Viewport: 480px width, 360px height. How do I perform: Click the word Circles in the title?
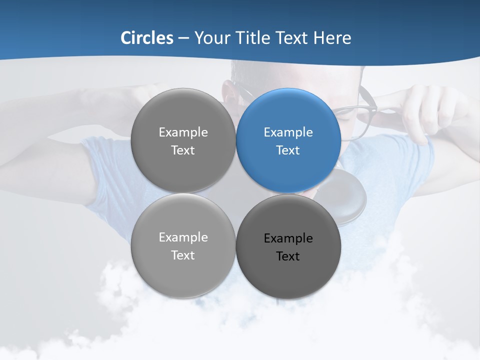(x=147, y=38)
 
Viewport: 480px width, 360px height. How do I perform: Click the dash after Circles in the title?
(x=183, y=38)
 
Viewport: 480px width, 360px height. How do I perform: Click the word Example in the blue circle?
(x=288, y=132)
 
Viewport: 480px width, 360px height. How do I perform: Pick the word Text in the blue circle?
(x=288, y=150)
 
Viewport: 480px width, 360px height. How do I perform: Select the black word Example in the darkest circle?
(x=288, y=238)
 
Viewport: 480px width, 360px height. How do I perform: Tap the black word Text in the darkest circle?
(x=288, y=256)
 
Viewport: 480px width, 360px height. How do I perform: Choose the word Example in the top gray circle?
(x=183, y=132)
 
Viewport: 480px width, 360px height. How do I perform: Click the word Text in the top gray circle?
(x=183, y=150)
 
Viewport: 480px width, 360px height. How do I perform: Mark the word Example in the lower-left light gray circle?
(x=183, y=237)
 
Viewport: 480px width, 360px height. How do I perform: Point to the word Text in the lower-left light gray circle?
(x=183, y=255)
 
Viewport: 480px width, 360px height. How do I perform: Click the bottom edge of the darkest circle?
(x=288, y=297)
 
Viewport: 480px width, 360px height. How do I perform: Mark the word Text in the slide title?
(x=291, y=38)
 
